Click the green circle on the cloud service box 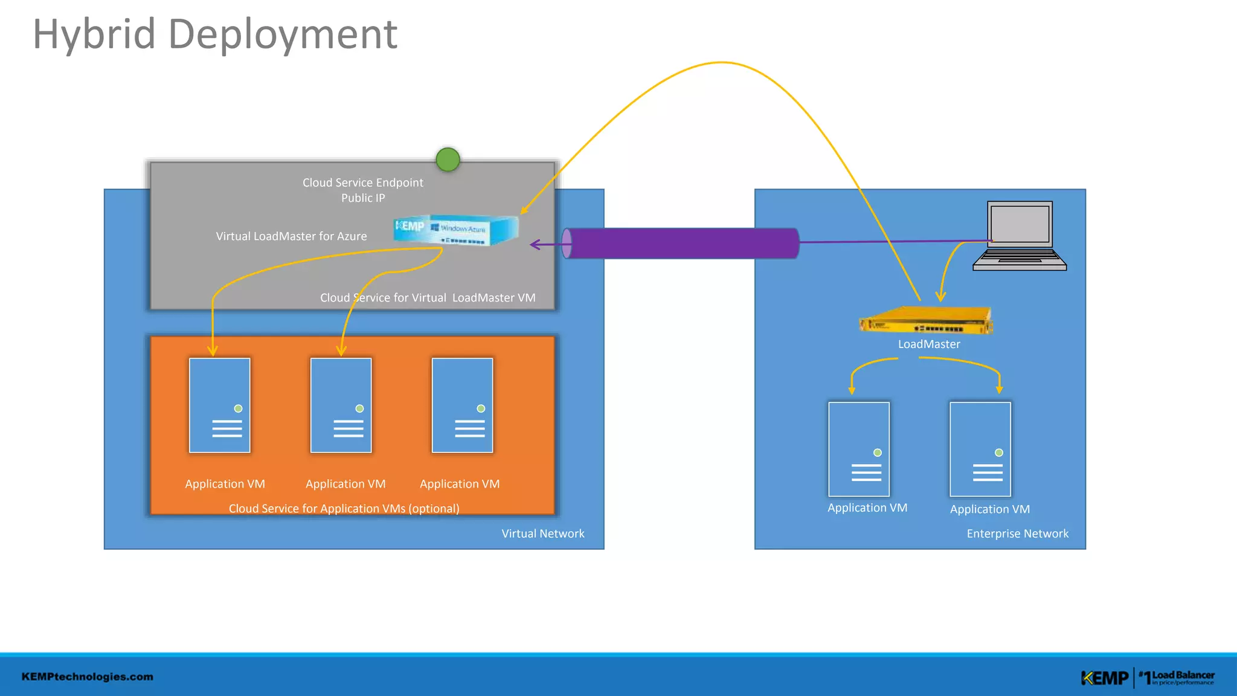click(x=448, y=159)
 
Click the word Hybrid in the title click(x=94, y=35)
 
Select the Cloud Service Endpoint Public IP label click(x=362, y=190)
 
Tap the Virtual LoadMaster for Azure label click(x=291, y=236)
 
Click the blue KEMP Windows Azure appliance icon click(x=456, y=230)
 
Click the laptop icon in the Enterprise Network click(x=1020, y=236)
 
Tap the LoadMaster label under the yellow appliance click(x=928, y=344)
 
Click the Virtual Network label click(x=542, y=533)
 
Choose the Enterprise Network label click(x=1017, y=533)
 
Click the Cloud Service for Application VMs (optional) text click(x=344, y=509)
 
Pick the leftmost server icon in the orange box click(x=219, y=405)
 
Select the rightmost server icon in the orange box click(x=462, y=405)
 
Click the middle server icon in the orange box click(x=341, y=405)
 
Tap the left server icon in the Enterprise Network click(x=858, y=449)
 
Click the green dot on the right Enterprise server click(x=999, y=453)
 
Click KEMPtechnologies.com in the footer click(x=88, y=677)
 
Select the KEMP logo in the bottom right click(x=1104, y=678)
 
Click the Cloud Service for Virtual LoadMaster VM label click(x=428, y=298)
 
